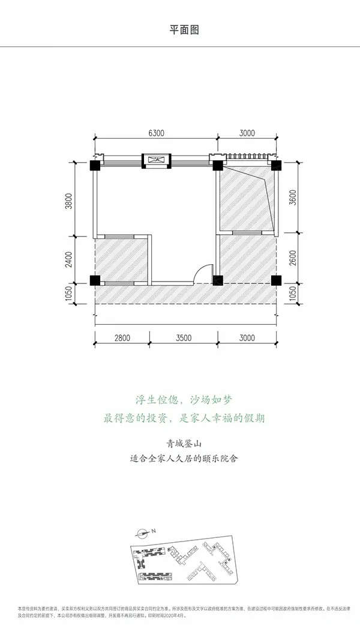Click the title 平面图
click(180, 29)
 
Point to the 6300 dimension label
click(155, 133)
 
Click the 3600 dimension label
click(292, 198)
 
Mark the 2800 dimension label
click(122, 338)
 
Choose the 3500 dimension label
click(184, 338)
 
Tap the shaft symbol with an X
click(155, 160)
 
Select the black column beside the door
click(217, 280)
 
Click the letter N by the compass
click(153, 531)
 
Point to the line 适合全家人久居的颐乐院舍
click(180, 462)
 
